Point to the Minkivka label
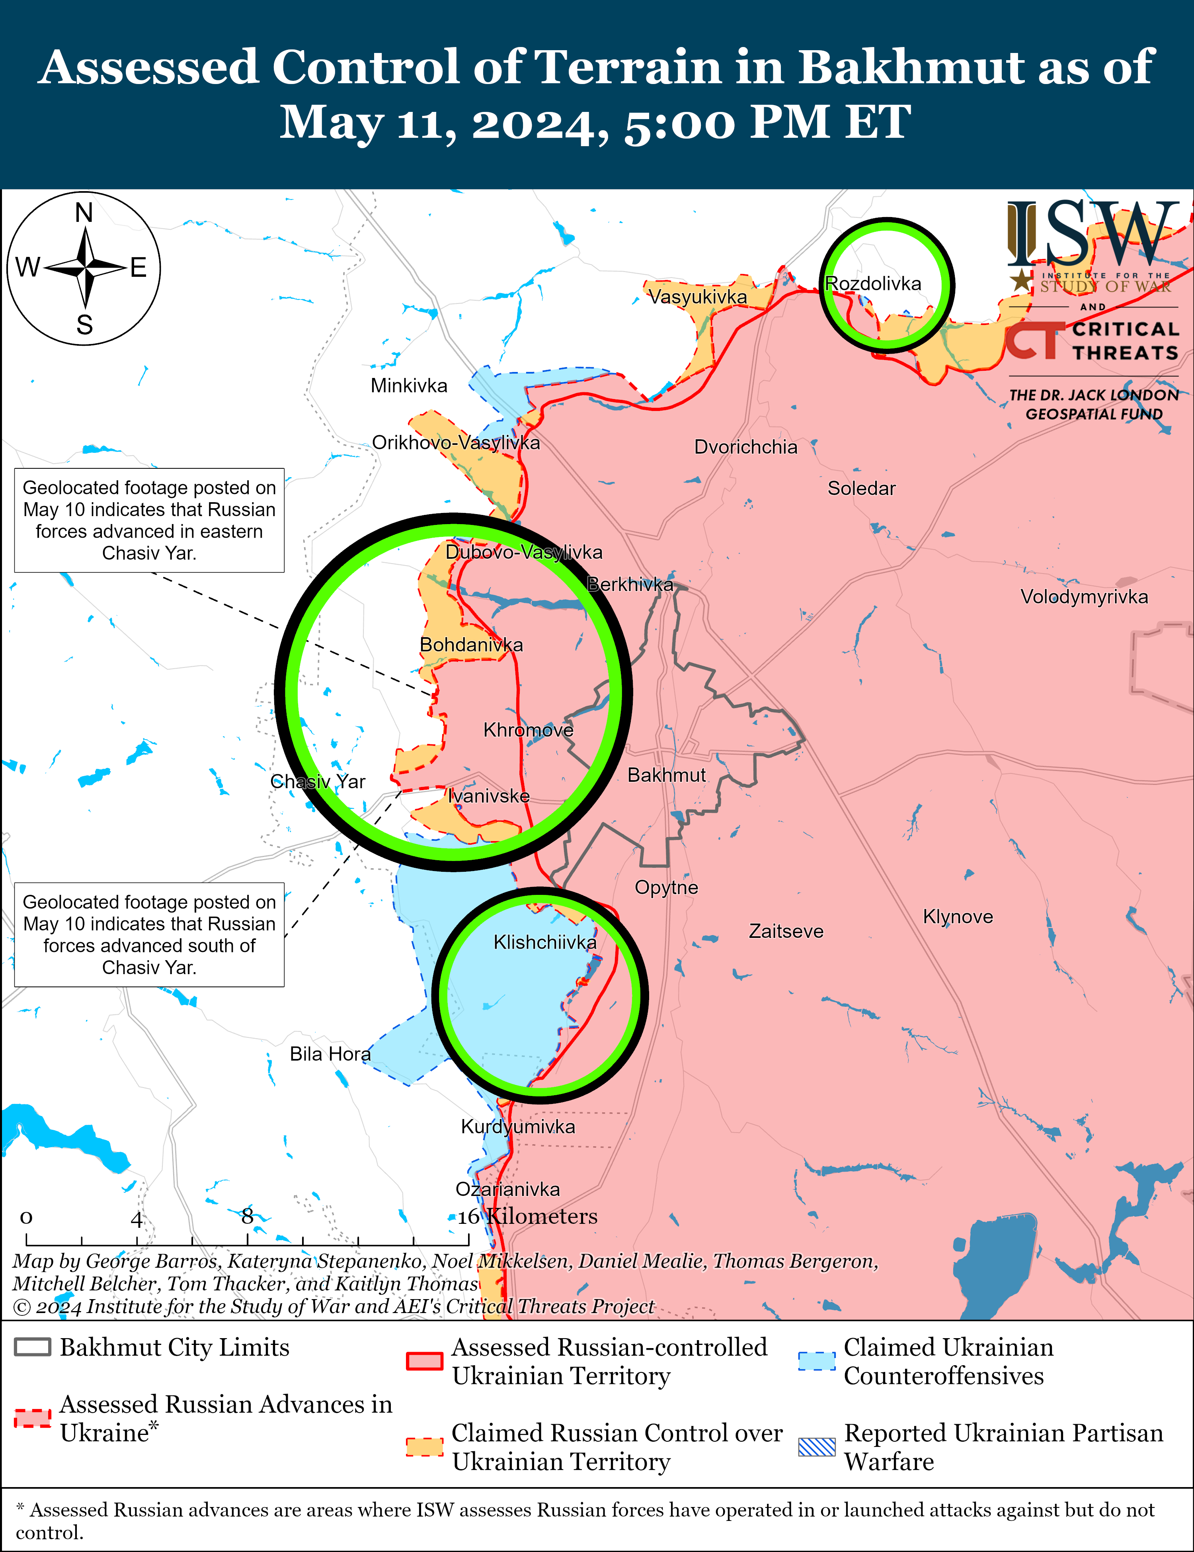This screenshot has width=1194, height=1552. [x=409, y=386]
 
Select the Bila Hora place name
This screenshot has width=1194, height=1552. [x=330, y=1054]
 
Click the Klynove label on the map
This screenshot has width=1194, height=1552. [x=958, y=917]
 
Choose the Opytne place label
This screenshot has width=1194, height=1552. [x=666, y=888]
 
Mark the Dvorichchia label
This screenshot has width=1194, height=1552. [x=746, y=447]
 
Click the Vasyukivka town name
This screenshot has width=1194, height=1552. [x=698, y=297]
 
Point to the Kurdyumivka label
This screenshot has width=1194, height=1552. [x=518, y=1127]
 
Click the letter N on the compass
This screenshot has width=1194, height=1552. [x=84, y=213]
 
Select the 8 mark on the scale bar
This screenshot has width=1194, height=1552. [x=247, y=1217]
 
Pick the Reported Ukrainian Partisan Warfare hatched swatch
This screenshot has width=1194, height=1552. [x=817, y=1447]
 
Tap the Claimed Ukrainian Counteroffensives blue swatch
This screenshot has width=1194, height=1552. [x=817, y=1361]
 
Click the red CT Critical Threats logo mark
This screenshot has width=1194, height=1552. [x=1034, y=341]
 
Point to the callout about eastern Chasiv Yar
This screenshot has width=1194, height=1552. [x=149, y=520]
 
